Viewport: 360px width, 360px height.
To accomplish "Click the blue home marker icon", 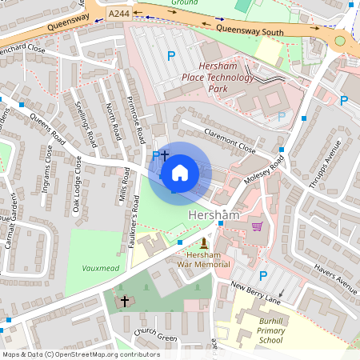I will [180, 173].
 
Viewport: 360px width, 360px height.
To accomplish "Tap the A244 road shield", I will [118, 14].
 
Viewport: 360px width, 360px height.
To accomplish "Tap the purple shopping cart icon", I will [257, 226].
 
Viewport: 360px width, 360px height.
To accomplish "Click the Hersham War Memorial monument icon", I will [203, 243].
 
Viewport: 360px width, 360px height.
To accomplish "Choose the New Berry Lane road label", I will [257, 290].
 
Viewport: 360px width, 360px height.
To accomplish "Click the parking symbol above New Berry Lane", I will [262, 276].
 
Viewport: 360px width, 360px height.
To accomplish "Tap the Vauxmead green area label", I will [100, 268].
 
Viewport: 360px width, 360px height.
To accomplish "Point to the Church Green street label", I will [155, 336].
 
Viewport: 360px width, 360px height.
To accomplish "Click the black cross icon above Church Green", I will [124, 302].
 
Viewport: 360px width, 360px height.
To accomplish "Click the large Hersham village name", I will [214, 216].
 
